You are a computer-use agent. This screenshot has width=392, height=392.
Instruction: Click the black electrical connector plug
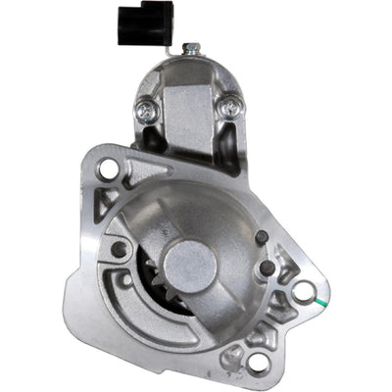click(145, 22)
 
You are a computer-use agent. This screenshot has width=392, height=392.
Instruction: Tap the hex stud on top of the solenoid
click(192, 46)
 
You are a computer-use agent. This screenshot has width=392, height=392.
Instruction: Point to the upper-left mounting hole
click(108, 169)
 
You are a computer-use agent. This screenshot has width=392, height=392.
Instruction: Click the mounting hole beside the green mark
click(304, 291)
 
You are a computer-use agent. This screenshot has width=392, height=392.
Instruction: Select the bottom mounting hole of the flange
click(259, 363)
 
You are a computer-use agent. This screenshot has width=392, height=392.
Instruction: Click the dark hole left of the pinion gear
click(119, 249)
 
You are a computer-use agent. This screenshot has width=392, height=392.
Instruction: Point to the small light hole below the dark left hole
click(126, 280)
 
